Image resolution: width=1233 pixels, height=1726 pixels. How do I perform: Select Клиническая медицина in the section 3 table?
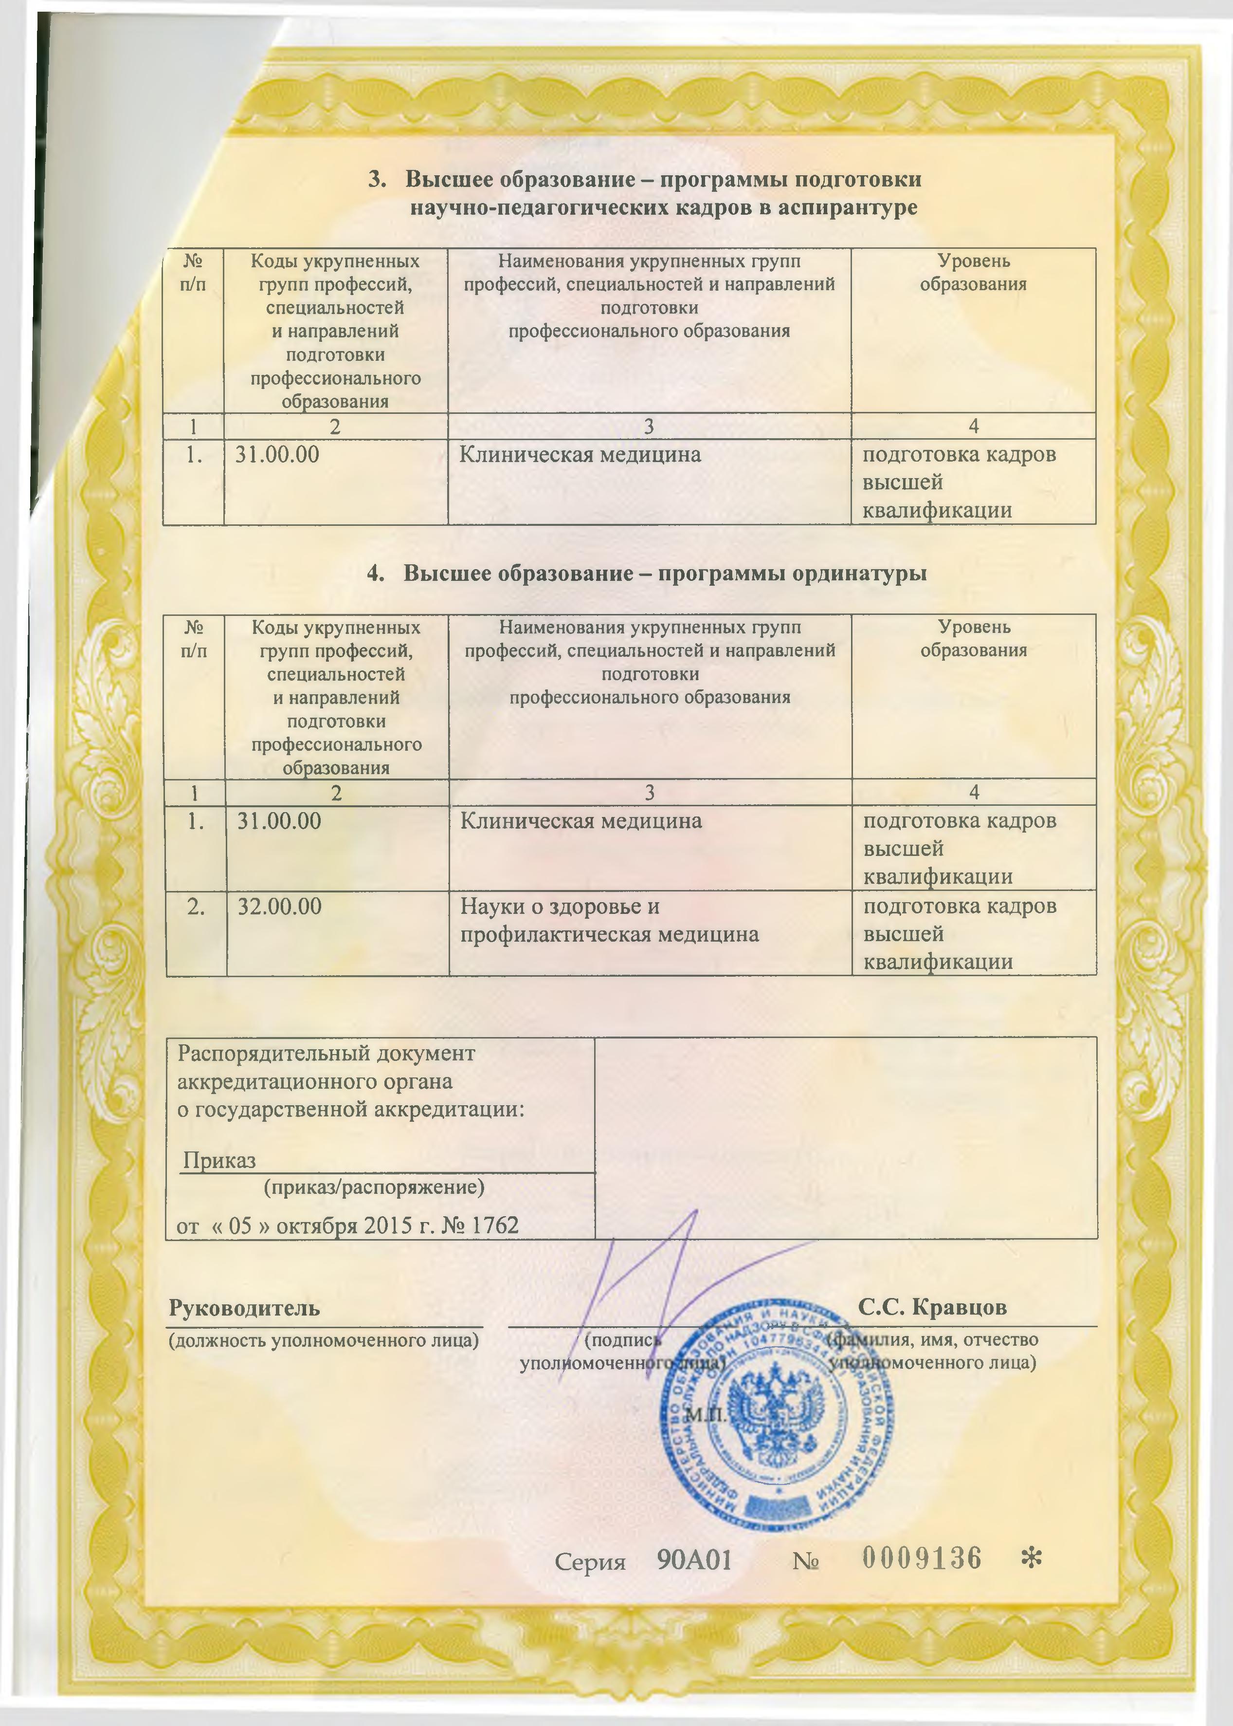point(580,455)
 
